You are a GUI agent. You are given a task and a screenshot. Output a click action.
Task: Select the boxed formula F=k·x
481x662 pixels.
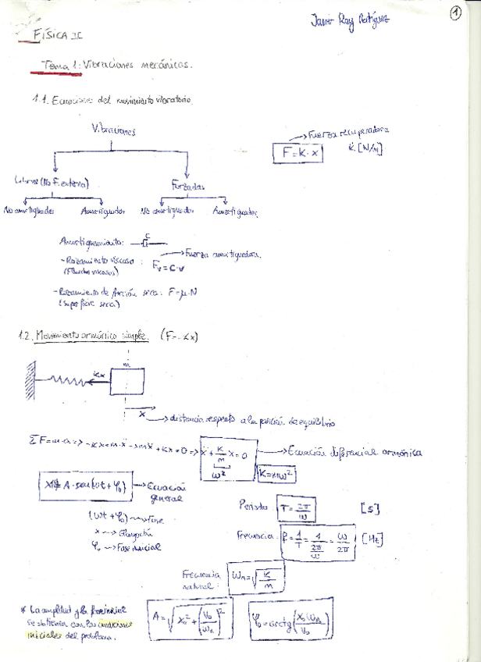point(297,153)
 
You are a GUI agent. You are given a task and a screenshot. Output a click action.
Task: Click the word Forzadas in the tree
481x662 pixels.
point(187,185)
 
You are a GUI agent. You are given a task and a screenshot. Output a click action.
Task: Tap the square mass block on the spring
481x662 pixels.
point(126,382)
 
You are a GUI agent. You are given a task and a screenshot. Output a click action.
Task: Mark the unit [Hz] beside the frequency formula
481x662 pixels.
point(371,539)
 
